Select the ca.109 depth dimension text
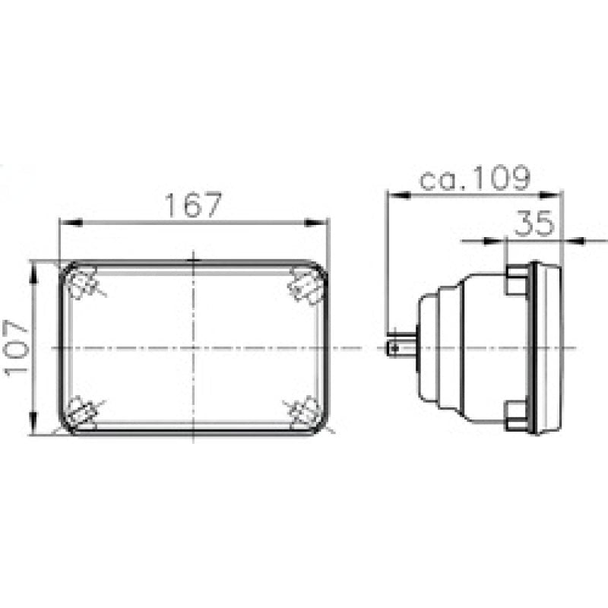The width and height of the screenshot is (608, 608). [x=474, y=179]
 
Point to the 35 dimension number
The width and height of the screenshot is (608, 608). [x=535, y=224]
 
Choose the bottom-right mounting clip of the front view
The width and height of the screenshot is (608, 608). [x=306, y=411]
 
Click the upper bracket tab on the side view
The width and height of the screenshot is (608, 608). [x=517, y=280]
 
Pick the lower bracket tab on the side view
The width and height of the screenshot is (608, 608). [x=517, y=413]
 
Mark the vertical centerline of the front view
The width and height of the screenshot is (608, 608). [x=195, y=319]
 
